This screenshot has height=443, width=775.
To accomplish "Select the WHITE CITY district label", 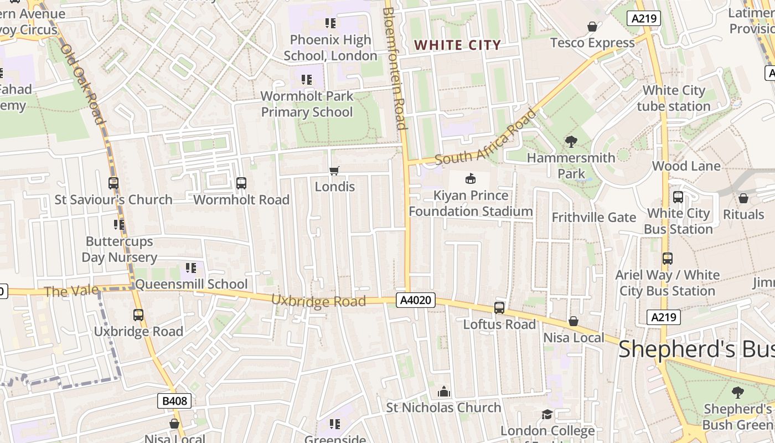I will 457,45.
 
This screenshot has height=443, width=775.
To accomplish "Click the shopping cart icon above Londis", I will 334,171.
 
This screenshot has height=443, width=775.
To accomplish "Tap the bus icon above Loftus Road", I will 499,308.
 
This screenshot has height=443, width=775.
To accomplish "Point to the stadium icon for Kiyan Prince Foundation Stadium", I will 470,179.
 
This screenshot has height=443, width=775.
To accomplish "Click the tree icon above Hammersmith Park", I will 571,142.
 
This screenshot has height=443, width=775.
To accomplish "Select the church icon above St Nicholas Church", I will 443,392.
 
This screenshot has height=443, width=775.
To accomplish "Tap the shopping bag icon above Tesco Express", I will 592,27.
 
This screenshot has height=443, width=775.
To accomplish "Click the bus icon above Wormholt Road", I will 241,183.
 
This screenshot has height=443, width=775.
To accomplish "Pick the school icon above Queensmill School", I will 191,269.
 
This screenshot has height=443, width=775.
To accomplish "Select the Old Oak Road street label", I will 82,84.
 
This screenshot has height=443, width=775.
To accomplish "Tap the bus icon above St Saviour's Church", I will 113,183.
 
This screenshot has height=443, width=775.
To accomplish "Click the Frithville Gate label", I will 593,217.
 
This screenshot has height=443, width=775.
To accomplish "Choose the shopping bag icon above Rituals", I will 743,198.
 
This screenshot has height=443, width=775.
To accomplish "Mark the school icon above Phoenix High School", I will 330,23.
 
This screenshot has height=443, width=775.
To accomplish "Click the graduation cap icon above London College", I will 547,414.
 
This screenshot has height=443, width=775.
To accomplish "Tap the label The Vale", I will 71,291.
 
